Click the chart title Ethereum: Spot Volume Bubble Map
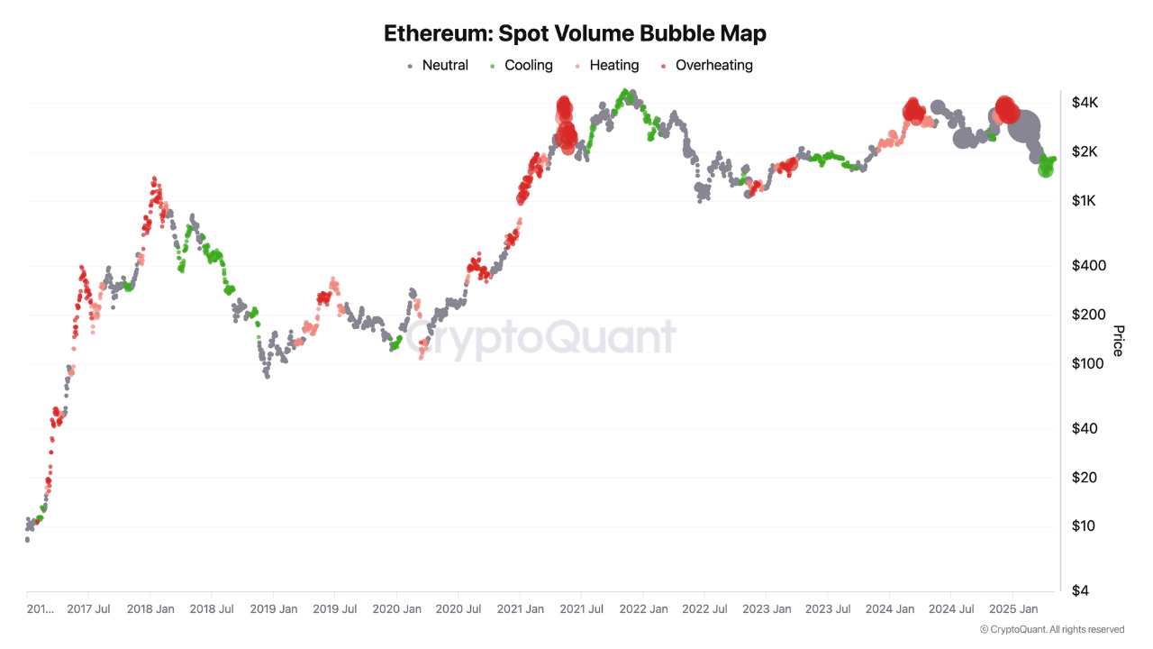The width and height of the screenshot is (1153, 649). coord(575,33)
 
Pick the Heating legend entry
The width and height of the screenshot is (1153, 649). coord(606,65)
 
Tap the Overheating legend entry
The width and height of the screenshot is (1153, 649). coord(706,65)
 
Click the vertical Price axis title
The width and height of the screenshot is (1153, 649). coord(1118,341)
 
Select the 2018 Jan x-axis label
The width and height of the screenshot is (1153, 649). coord(150,609)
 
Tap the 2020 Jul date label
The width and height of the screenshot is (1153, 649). coord(458,609)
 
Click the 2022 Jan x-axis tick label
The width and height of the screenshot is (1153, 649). coord(644,609)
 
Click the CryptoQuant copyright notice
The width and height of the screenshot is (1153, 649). coord(1051,629)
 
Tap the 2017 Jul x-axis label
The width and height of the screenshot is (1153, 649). coord(88,609)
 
